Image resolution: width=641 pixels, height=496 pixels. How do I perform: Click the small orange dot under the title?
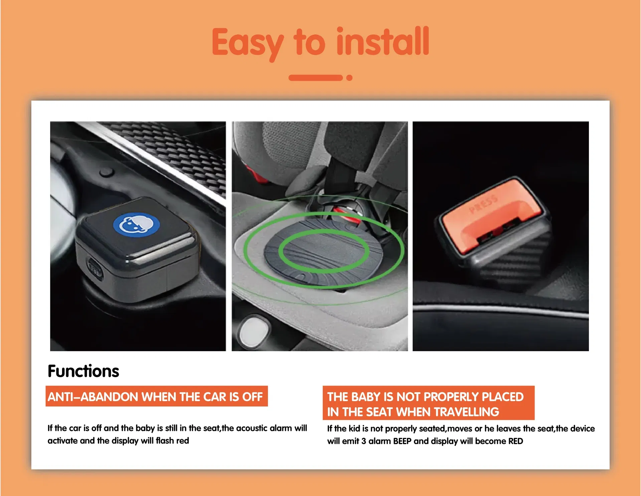coord(349,78)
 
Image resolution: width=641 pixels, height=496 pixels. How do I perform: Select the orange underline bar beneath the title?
coord(315,78)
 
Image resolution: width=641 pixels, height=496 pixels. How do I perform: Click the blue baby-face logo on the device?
coord(136,225)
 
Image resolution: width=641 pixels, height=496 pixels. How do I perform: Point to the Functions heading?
coord(83,371)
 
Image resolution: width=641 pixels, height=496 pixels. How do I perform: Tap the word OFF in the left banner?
coord(253,397)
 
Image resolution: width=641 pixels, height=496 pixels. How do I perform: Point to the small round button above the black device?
coord(107,173)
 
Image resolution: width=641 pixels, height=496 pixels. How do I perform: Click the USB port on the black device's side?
coord(95,267)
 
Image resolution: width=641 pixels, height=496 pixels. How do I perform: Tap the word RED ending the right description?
coord(515,441)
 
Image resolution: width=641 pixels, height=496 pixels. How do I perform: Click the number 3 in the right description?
coord(363,441)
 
